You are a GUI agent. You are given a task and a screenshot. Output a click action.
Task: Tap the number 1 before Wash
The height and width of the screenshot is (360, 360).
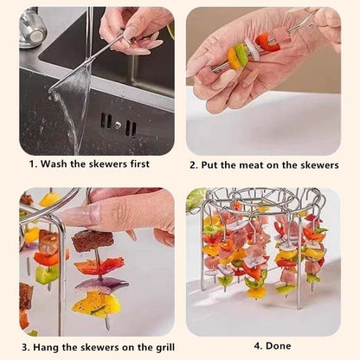tap(34, 164)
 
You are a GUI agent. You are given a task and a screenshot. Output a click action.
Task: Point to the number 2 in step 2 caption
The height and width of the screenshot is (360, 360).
tap(193, 164)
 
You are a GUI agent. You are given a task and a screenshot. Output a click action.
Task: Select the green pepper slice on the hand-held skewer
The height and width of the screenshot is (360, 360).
tap(242, 54)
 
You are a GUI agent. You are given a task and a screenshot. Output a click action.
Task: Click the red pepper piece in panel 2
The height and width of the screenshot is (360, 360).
tap(264, 41)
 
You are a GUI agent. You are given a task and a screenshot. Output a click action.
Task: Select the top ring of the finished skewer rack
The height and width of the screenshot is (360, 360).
tap(260, 196)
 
